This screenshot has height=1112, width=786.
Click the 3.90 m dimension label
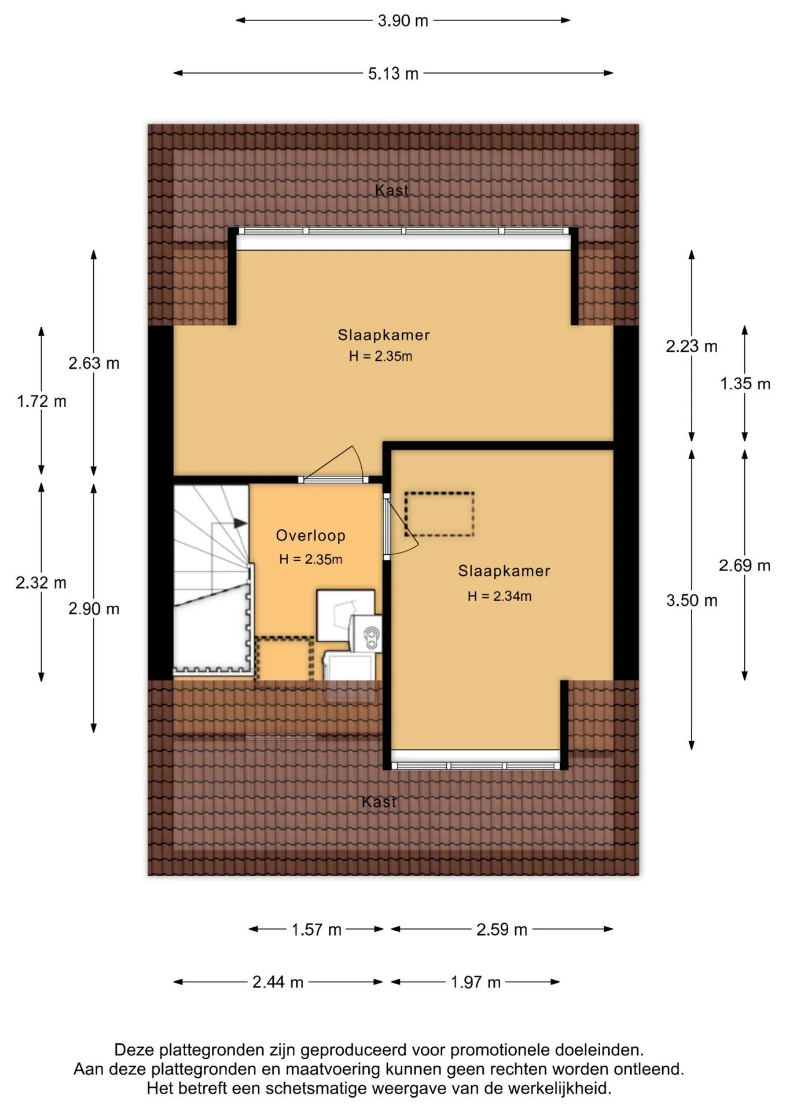click(403, 21)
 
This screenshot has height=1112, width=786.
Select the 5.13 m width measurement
click(393, 74)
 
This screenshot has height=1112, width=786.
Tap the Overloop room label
click(310, 536)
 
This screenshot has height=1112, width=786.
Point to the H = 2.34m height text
click(499, 596)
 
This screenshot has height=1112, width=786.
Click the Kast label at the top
click(392, 190)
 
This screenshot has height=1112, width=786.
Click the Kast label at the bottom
click(379, 802)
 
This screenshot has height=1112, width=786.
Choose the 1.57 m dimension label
click(316, 930)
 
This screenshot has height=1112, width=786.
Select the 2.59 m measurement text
click(502, 930)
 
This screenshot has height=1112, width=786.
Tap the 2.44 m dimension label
click(278, 982)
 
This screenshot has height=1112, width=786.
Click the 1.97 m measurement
click(476, 982)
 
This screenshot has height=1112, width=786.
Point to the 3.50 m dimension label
click(692, 601)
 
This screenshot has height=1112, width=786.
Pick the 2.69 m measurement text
click(745, 565)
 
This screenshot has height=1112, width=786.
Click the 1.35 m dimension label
click(745, 383)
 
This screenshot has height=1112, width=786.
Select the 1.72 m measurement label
click(42, 401)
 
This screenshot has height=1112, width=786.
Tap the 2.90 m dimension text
click(94, 609)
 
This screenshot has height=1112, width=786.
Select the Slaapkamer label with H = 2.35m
click(384, 335)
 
